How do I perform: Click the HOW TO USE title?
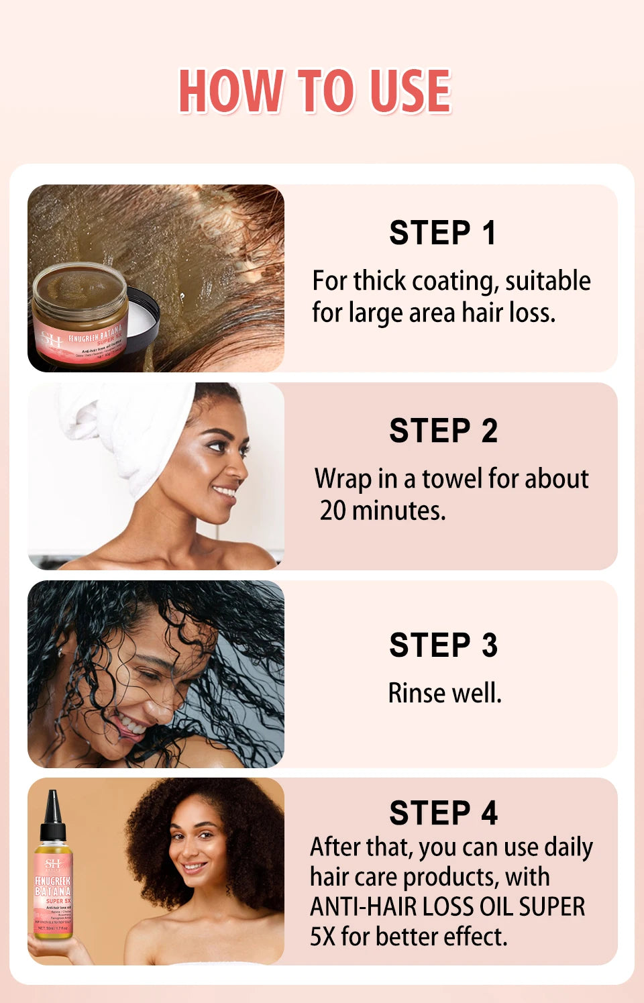coord(315,91)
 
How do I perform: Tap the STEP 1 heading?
coord(442,233)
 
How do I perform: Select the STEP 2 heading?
coord(443,431)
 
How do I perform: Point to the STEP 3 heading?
coord(443,645)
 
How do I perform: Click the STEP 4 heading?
coord(443,813)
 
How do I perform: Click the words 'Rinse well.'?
coord(445,693)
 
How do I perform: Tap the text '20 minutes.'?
coord(382,511)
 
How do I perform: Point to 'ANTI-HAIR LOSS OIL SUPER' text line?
coord(447,906)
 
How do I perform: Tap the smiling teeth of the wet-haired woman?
coord(131,725)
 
